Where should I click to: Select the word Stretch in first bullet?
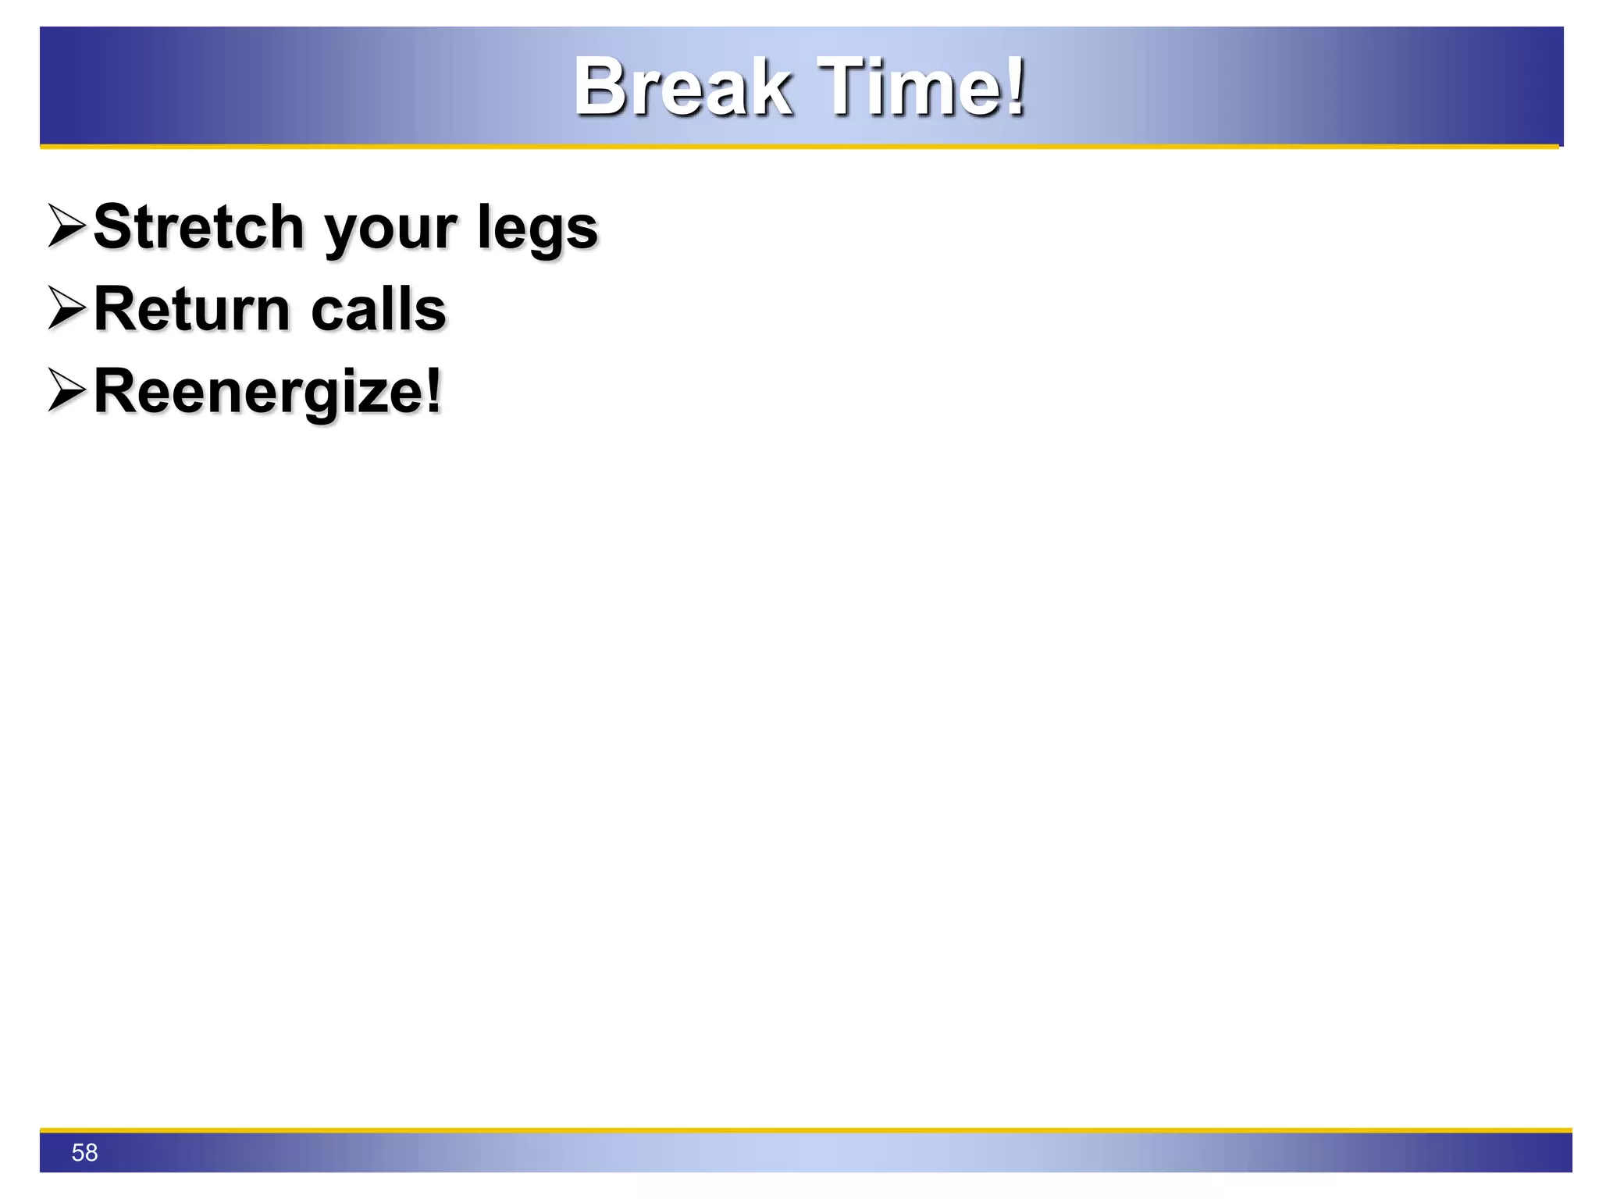(198, 227)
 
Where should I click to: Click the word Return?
(192, 309)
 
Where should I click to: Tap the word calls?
(379, 309)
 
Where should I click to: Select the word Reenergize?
(268, 392)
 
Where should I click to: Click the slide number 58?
(84, 1152)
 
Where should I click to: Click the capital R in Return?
(116, 309)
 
